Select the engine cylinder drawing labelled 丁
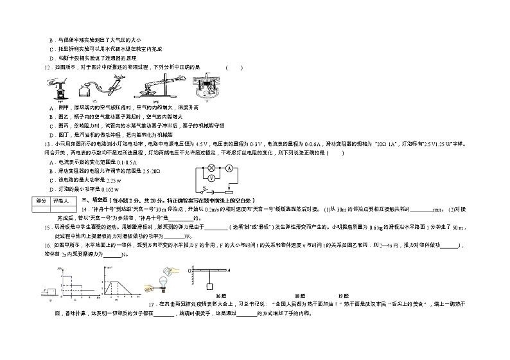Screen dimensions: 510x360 (x=207, y=88)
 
